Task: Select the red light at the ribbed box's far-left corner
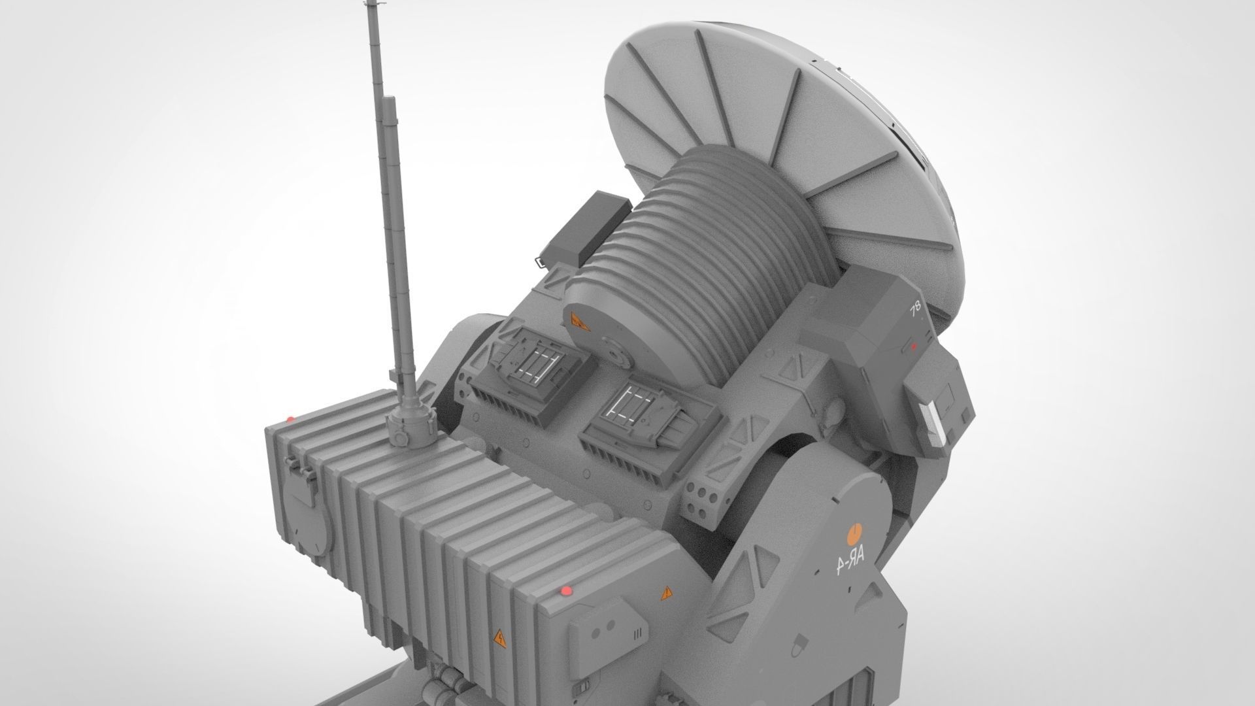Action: tap(290, 418)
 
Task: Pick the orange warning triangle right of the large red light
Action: tap(665, 594)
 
